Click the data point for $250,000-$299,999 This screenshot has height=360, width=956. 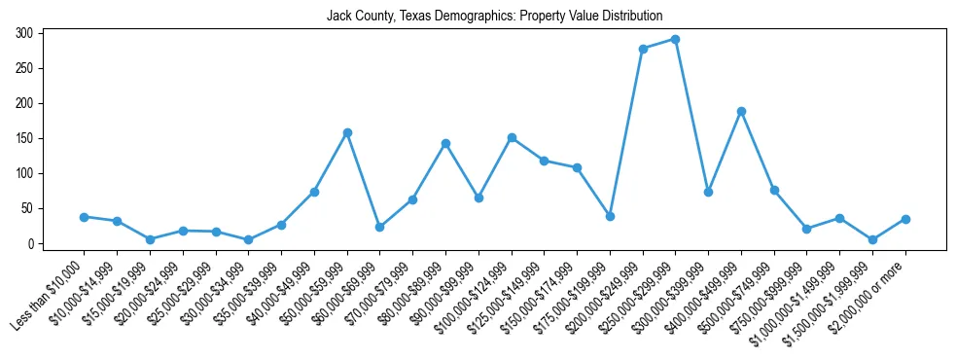[x=675, y=40]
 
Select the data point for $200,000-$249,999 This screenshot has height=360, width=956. [x=643, y=49]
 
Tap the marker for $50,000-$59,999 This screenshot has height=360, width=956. [x=347, y=132]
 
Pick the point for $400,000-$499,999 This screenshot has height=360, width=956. [x=741, y=111]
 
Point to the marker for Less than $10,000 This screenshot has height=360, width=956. [x=85, y=217]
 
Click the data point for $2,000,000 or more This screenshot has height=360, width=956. [x=905, y=219]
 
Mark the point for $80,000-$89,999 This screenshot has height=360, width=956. [x=445, y=143]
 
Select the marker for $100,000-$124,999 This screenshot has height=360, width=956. [x=512, y=138]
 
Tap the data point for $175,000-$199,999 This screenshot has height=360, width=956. [x=610, y=216]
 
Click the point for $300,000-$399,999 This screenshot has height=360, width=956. [x=708, y=192]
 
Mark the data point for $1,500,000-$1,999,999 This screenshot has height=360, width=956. [x=872, y=239]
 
